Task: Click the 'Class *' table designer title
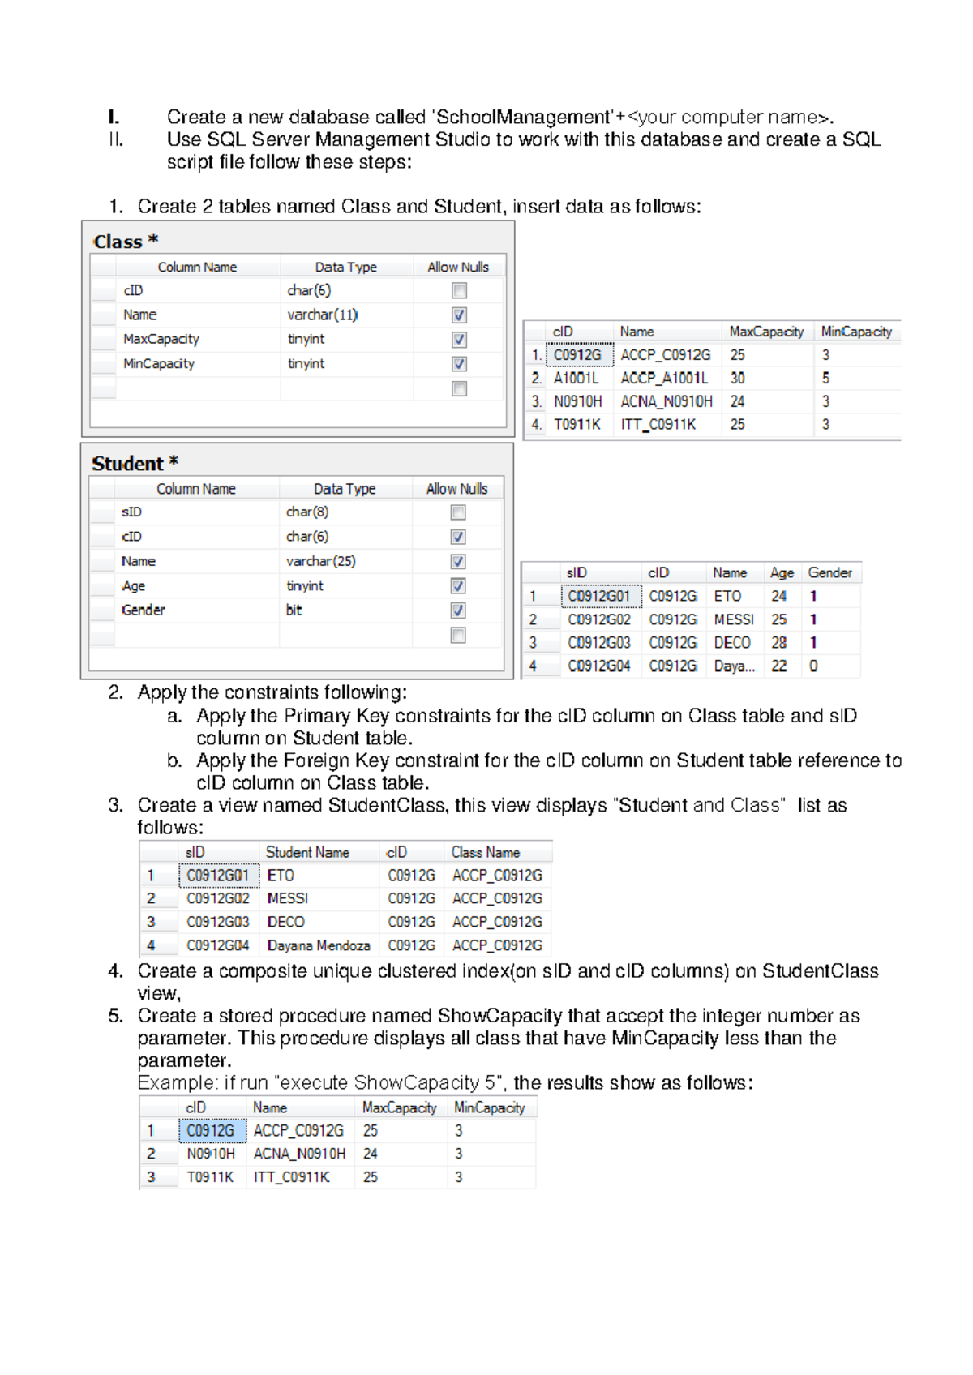pyautogui.click(x=125, y=242)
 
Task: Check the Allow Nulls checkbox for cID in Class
pyautogui.click(x=459, y=290)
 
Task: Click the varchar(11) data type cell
pyautogui.click(x=322, y=315)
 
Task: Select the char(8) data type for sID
pyautogui.click(x=307, y=512)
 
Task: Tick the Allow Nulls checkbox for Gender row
pyautogui.click(x=458, y=610)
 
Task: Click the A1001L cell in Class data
pyautogui.click(x=576, y=378)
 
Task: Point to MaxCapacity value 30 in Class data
pyautogui.click(x=737, y=378)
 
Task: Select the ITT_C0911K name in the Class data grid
pyautogui.click(x=658, y=424)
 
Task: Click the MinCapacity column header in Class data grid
pyautogui.click(x=856, y=332)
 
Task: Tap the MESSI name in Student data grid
pyautogui.click(x=733, y=619)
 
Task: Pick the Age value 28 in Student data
pyautogui.click(x=778, y=642)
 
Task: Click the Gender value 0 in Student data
pyautogui.click(x=813, y=666)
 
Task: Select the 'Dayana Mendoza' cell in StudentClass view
pyautogui.click(x=319, y=945)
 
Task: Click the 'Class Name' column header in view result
pyautogui.click(x=486, y=852)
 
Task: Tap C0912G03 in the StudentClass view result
pyautogui.click(x=217, y=922)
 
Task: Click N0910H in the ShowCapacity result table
pyautogui.click(x=211, y=1154)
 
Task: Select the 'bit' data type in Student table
pyautogui.click(x=294, y=610)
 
